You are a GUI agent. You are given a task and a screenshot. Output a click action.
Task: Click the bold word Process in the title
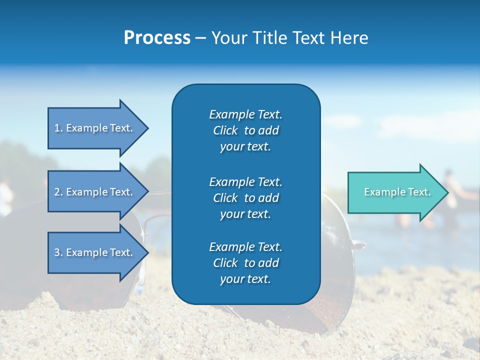click(x=157, y=38)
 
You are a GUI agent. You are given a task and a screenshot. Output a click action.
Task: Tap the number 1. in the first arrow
click(x=58, y=128)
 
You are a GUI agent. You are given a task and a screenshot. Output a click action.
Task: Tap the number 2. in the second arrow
click(x=58, y=192)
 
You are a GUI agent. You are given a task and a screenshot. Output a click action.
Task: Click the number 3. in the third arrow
click(x=58, y=252)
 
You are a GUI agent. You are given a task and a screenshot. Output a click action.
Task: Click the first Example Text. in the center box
click(x=245, y=114)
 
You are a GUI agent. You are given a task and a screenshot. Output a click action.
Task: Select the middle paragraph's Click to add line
click(x=245, y=198)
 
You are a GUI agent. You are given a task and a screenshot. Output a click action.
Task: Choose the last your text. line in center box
click(x=245, y=279)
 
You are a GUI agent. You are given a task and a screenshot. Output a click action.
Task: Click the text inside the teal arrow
click(x=397, y=192)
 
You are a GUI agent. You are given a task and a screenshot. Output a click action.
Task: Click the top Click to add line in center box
click(x=245, y=131)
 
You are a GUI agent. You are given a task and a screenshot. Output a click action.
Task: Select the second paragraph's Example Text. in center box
click(x=245, y=181)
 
